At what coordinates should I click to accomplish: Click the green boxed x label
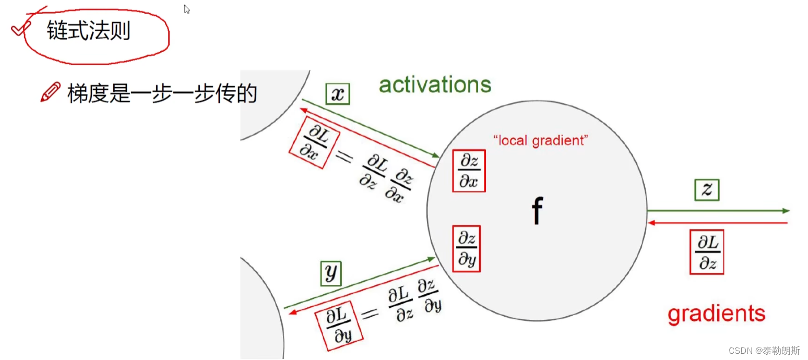pos(338,94)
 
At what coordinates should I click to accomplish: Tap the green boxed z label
pos(707,190)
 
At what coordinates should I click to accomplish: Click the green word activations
pos(435,85)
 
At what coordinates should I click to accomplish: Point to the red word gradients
pos(716,314)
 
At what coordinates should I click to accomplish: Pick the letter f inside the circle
pos(537,211)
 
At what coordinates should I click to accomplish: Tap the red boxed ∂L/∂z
pos(706,253)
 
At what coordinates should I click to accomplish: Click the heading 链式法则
pos(89,31)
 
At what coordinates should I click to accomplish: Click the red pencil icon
pos(51,92)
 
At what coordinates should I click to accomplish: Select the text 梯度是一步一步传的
pos(162,94)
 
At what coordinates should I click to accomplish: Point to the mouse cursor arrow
pos(187,9)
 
